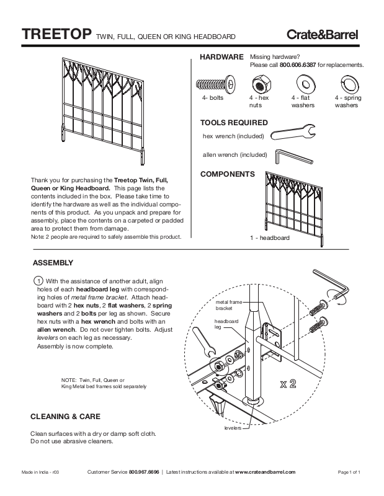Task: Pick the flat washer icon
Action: click(x=304, y=84)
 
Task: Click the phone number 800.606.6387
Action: click(x=298, y=64)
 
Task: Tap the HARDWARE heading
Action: click(x=221, y=57)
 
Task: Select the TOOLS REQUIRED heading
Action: click(x=234, y=123)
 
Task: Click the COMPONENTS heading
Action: click(x=228, y=175)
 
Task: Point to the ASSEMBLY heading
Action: click(x=53, y=262)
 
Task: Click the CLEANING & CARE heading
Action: click(x=65, y=416)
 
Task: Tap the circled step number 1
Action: click(x=38, y=280)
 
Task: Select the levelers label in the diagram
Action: click(x=233, y=428)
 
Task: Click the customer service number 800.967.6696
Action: click(x=144, y=472)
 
